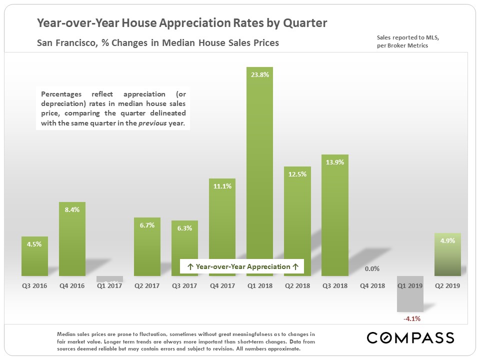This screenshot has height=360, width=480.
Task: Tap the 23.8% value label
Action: pos(259,74)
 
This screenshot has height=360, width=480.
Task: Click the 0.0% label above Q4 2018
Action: pos(372,268)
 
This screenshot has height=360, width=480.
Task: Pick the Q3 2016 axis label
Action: pos(34,285)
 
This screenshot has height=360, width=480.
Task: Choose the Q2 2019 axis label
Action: pos(447,285)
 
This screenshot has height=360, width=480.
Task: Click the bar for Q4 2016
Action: pos(72,240)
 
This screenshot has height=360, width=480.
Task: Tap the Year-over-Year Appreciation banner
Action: pos(242,266)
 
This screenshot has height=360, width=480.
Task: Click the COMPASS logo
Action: pos(410,337)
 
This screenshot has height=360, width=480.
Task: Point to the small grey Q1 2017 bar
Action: pos(109,279)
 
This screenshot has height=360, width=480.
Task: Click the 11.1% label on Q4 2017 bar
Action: pos(222,185)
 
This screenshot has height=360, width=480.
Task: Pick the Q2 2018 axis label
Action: pos(297,285)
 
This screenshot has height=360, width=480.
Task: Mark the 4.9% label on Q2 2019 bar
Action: pos(447,240)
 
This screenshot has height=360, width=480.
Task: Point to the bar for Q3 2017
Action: pos(184,250)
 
